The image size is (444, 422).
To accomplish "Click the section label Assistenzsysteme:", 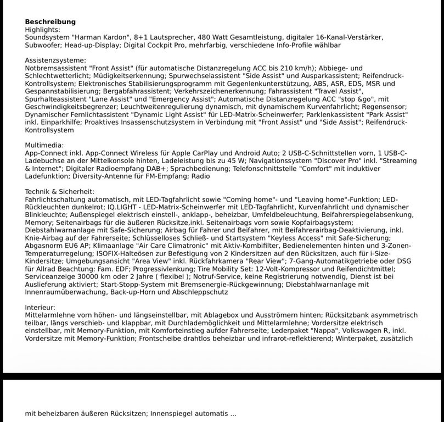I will pyautogui.click(x=55, y=60).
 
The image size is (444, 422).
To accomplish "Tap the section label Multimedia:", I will pyautogui.click(x=44, y=145).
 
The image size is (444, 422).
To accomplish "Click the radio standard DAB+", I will pyautogui.click(x=156, y=168).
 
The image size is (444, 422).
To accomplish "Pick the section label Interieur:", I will pyautogui.click(x=40, y=307).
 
